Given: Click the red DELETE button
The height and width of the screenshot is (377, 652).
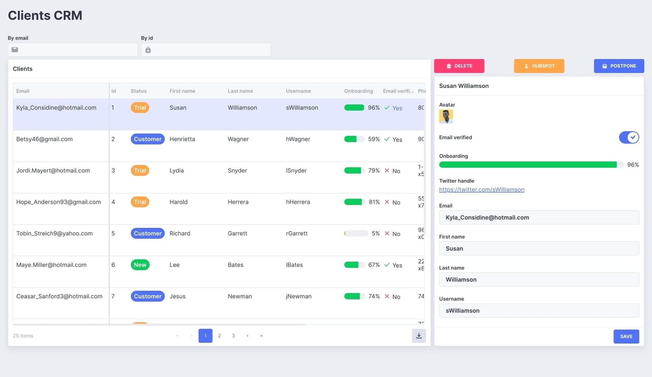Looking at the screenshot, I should click(459, 66).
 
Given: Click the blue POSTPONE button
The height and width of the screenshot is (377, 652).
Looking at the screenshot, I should click(619, 66).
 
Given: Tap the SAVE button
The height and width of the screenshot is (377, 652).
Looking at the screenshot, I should click(626, 337).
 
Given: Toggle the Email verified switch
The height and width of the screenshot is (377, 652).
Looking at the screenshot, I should click(628, 138).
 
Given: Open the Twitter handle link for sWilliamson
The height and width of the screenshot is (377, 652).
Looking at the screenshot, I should click(481, 190).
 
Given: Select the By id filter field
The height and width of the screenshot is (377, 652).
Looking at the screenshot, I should click(206, 50).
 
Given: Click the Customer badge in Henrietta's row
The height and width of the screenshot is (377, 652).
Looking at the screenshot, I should click(148, 139).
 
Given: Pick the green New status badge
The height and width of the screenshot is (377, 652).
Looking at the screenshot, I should click(140, 265).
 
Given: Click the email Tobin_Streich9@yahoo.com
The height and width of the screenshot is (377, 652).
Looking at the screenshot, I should click(54, 234).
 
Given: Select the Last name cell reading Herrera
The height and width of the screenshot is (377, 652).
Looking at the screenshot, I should click(238, 202).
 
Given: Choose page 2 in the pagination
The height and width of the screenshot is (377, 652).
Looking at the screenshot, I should click(219, 336).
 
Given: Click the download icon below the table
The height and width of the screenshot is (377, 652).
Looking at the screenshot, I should click(419, 336).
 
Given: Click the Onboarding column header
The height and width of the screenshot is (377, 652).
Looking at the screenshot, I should click(358, 91).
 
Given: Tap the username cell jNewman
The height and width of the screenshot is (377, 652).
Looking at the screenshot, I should click(299, 297).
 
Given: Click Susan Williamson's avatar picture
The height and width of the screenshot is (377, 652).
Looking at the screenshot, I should click(446, 117).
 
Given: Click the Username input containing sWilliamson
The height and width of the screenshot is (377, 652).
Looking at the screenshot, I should click(539, 311).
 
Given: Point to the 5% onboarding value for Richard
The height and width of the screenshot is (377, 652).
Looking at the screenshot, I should click(375, 234).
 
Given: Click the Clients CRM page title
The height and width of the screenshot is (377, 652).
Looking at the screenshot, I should click(45, 15).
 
